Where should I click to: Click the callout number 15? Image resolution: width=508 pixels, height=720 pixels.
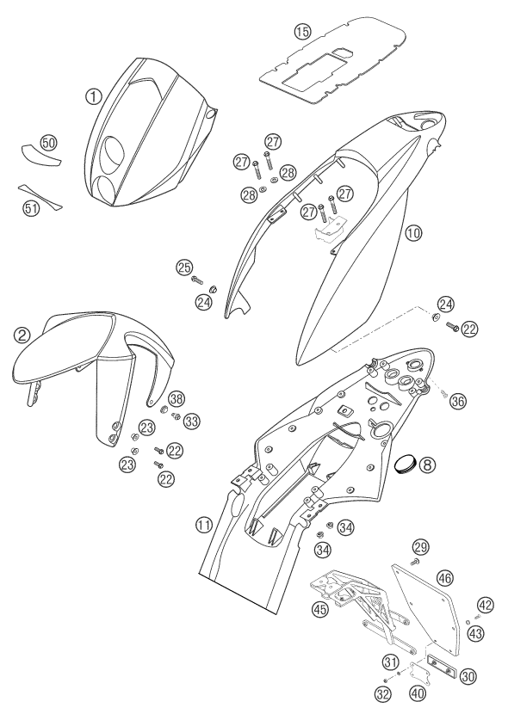point(302,32)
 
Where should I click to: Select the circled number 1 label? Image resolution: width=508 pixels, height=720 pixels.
point(93,96)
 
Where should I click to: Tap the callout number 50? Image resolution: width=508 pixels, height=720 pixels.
point(48,143)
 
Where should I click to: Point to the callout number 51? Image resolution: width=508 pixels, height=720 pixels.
point(31,208)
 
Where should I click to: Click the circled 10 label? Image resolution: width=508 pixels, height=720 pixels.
point(413,233)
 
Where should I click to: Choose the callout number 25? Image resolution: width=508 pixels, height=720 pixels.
point(184,268)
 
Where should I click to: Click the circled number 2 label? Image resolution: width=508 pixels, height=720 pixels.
point(22,335)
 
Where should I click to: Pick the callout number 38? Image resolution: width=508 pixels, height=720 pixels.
point(176,399)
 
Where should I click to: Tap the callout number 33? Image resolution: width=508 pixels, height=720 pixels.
point(192,420)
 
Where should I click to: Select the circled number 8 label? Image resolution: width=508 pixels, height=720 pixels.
point(426,465)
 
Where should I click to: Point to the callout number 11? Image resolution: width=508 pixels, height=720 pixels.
point(204,525)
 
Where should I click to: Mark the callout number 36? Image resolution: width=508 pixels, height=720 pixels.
point(458,400)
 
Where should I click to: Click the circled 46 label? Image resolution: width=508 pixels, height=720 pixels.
point(445,577)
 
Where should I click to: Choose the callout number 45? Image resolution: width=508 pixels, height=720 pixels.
point(320,609)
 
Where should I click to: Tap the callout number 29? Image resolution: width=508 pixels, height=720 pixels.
point(421,547)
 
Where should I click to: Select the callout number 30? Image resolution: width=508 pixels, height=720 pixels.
point(468,676)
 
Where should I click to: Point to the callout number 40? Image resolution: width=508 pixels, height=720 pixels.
point(418,693)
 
